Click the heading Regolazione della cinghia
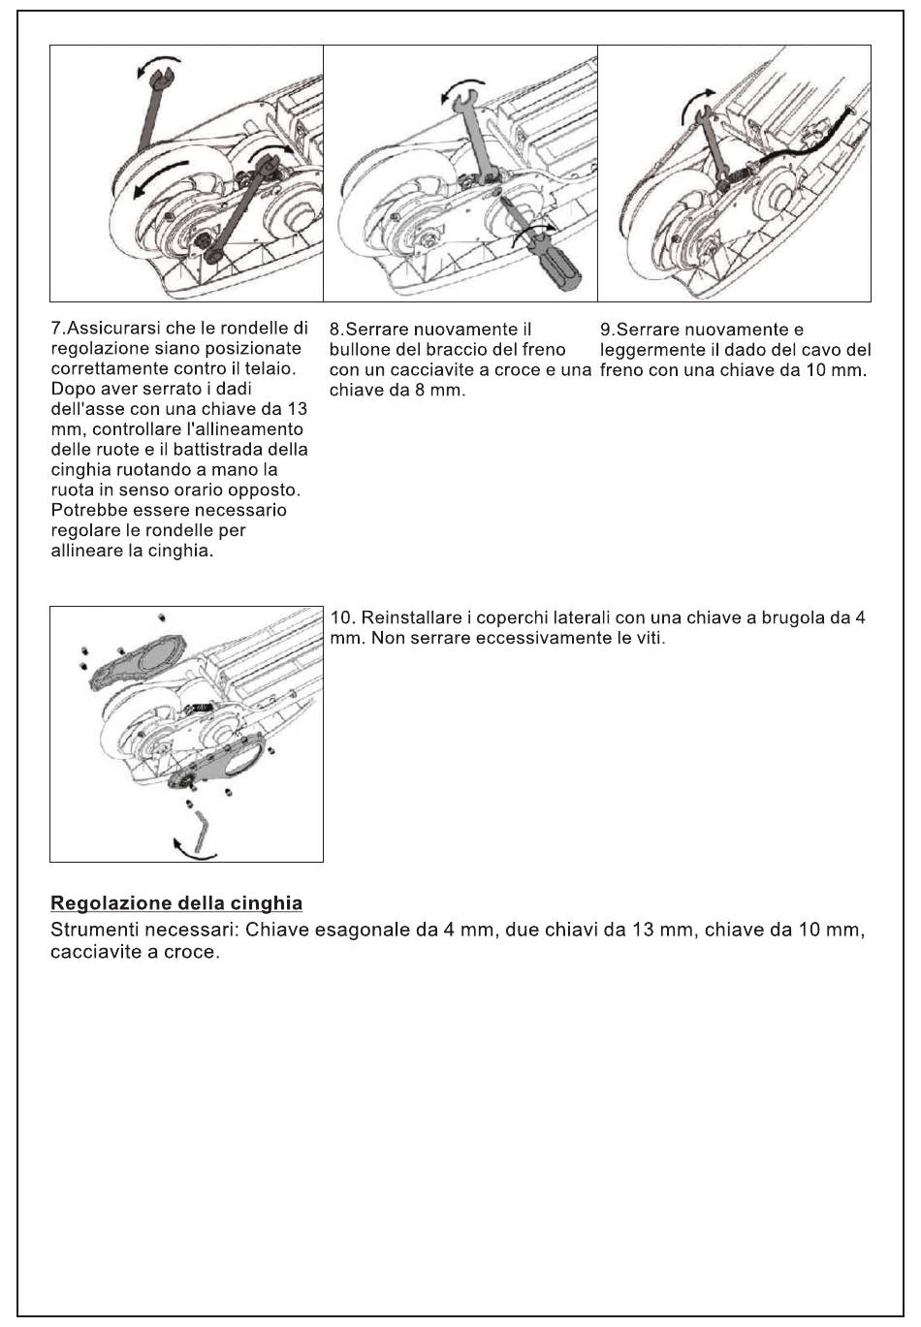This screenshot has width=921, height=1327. click(x=175, y=903)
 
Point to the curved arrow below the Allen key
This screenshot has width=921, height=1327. click(x=191, y=850)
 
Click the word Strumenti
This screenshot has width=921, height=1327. click(x=94, y=931)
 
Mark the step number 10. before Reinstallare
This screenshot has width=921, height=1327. click(x=343, y=617)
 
